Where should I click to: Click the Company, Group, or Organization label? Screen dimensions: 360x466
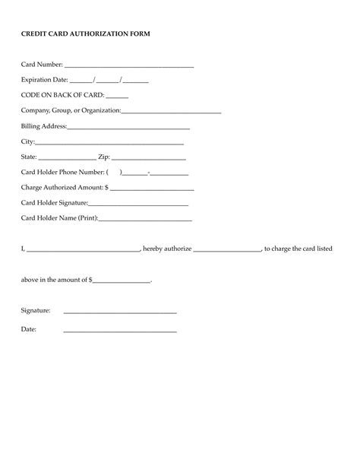coord(71,111)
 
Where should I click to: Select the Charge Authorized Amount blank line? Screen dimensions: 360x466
coord(152,189)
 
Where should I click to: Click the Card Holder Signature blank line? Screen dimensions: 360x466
coord(138,204)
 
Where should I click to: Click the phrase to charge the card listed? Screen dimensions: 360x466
coord(298,249)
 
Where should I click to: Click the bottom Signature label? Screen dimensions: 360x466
coord(36,311)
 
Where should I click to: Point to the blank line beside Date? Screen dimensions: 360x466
coord(120,331)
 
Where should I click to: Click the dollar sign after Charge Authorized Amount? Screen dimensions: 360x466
coord(107,187)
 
